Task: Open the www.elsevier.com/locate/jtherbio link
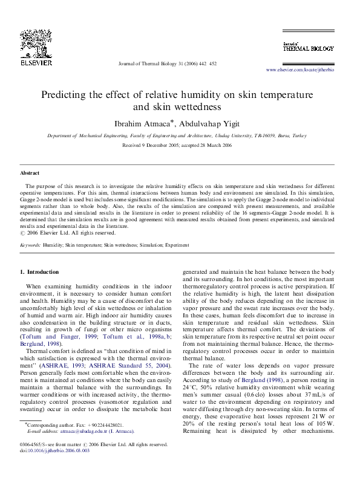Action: tap(300, 70)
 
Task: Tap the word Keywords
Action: tap(30, 245)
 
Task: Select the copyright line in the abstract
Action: tap(68, 232)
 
